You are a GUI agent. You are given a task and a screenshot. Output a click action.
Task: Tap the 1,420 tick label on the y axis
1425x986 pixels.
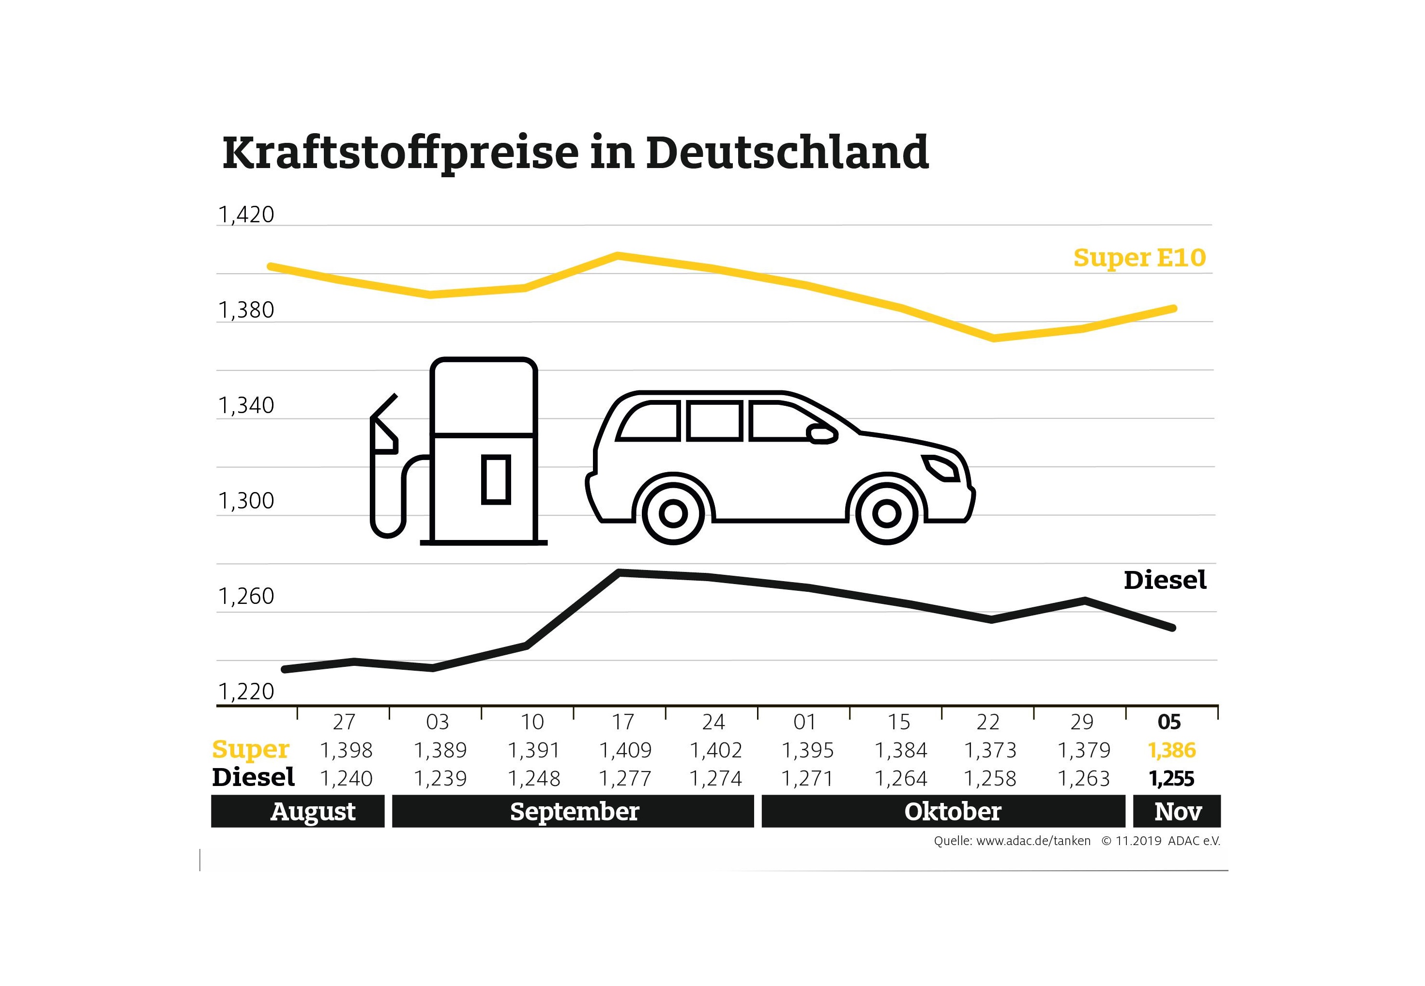click(x=246, y=215)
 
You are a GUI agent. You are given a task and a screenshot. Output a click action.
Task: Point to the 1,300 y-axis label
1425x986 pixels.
click(x=246, y=500)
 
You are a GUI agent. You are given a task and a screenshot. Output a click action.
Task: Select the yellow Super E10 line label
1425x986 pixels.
click(x=1139, y=258)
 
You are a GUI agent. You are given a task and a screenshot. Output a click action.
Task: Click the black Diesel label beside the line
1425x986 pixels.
click(x=1165, y=580)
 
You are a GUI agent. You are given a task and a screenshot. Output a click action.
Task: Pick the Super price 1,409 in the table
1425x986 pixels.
click(x=625, y=750)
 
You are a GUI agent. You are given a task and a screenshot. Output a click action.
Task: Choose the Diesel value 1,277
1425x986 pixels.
click(x=625, y=778)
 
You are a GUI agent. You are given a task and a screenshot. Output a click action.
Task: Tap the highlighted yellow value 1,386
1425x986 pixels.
click(x=1171, y=750)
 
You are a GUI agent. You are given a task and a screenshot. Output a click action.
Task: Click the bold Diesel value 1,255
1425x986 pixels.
click(x=1171, y=778)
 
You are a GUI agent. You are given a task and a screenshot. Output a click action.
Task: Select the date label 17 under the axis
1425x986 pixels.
click(x=623, y=722)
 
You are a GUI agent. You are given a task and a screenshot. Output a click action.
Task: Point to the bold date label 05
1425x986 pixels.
click(x=1169, y=722)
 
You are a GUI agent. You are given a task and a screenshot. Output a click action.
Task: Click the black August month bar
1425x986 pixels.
click(x=298, y=811)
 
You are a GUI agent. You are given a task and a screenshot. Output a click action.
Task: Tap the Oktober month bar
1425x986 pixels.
click(x=943, y=811)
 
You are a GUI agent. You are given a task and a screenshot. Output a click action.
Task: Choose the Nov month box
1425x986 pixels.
click(x=1177, y=811)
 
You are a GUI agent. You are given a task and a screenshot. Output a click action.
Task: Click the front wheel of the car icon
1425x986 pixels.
click(x=887, y=513)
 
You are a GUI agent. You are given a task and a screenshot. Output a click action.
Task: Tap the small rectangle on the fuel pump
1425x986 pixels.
click(x=496, y=479)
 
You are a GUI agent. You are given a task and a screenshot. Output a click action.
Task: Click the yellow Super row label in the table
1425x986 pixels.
click(x=250, y=749)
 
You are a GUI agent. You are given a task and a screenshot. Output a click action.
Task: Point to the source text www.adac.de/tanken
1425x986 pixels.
click(x=1033, y=841)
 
